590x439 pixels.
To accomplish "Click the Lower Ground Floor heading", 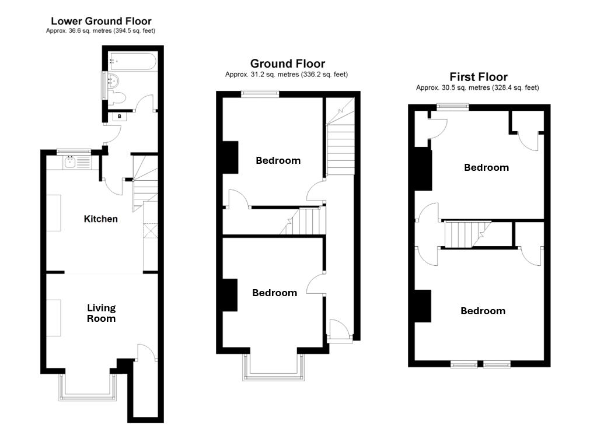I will pyautogui.click(x=101, y=21).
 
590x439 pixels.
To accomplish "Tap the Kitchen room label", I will pyautogui.click(x=101, y=219).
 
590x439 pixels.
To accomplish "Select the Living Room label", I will pyautogui.click(x=102, y=313).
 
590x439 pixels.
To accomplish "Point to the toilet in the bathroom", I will pyautogui.click(x=117, y=97).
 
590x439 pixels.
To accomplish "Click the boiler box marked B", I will pyautogui.click(x=120, y=117).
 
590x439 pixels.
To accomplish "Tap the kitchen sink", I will pyautogui.click(x=71, y=161).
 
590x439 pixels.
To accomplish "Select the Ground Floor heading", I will pyautogui.click(x=287, y=64).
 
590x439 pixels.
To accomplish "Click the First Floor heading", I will pyautogui.click(x=478, y=77).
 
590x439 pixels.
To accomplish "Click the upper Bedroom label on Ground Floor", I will pyautogui.click(x=278, y=160).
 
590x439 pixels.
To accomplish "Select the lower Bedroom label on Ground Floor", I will pyautogui.click(x=274, y=293).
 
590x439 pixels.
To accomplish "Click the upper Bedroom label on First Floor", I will pyautogui.click(x=486, y=167).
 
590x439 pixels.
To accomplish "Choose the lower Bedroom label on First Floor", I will pyautogui.click(x=483, y=311).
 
